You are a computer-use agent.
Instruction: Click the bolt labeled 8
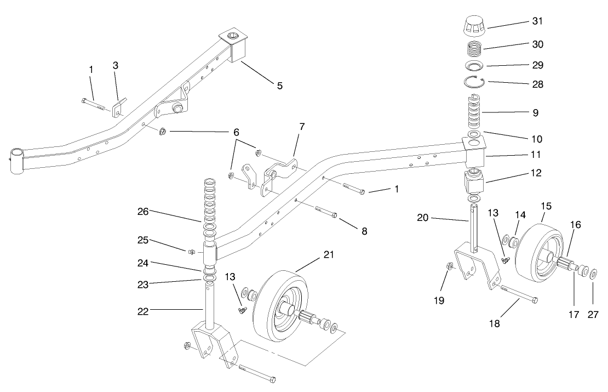[x=326, y=212]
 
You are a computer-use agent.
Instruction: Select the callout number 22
[x=143, y=311]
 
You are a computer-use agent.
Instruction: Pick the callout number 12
[x=537, y=173]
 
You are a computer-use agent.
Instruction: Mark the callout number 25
[x=143, y=240]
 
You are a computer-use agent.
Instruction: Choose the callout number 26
[x=143, y=212]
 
